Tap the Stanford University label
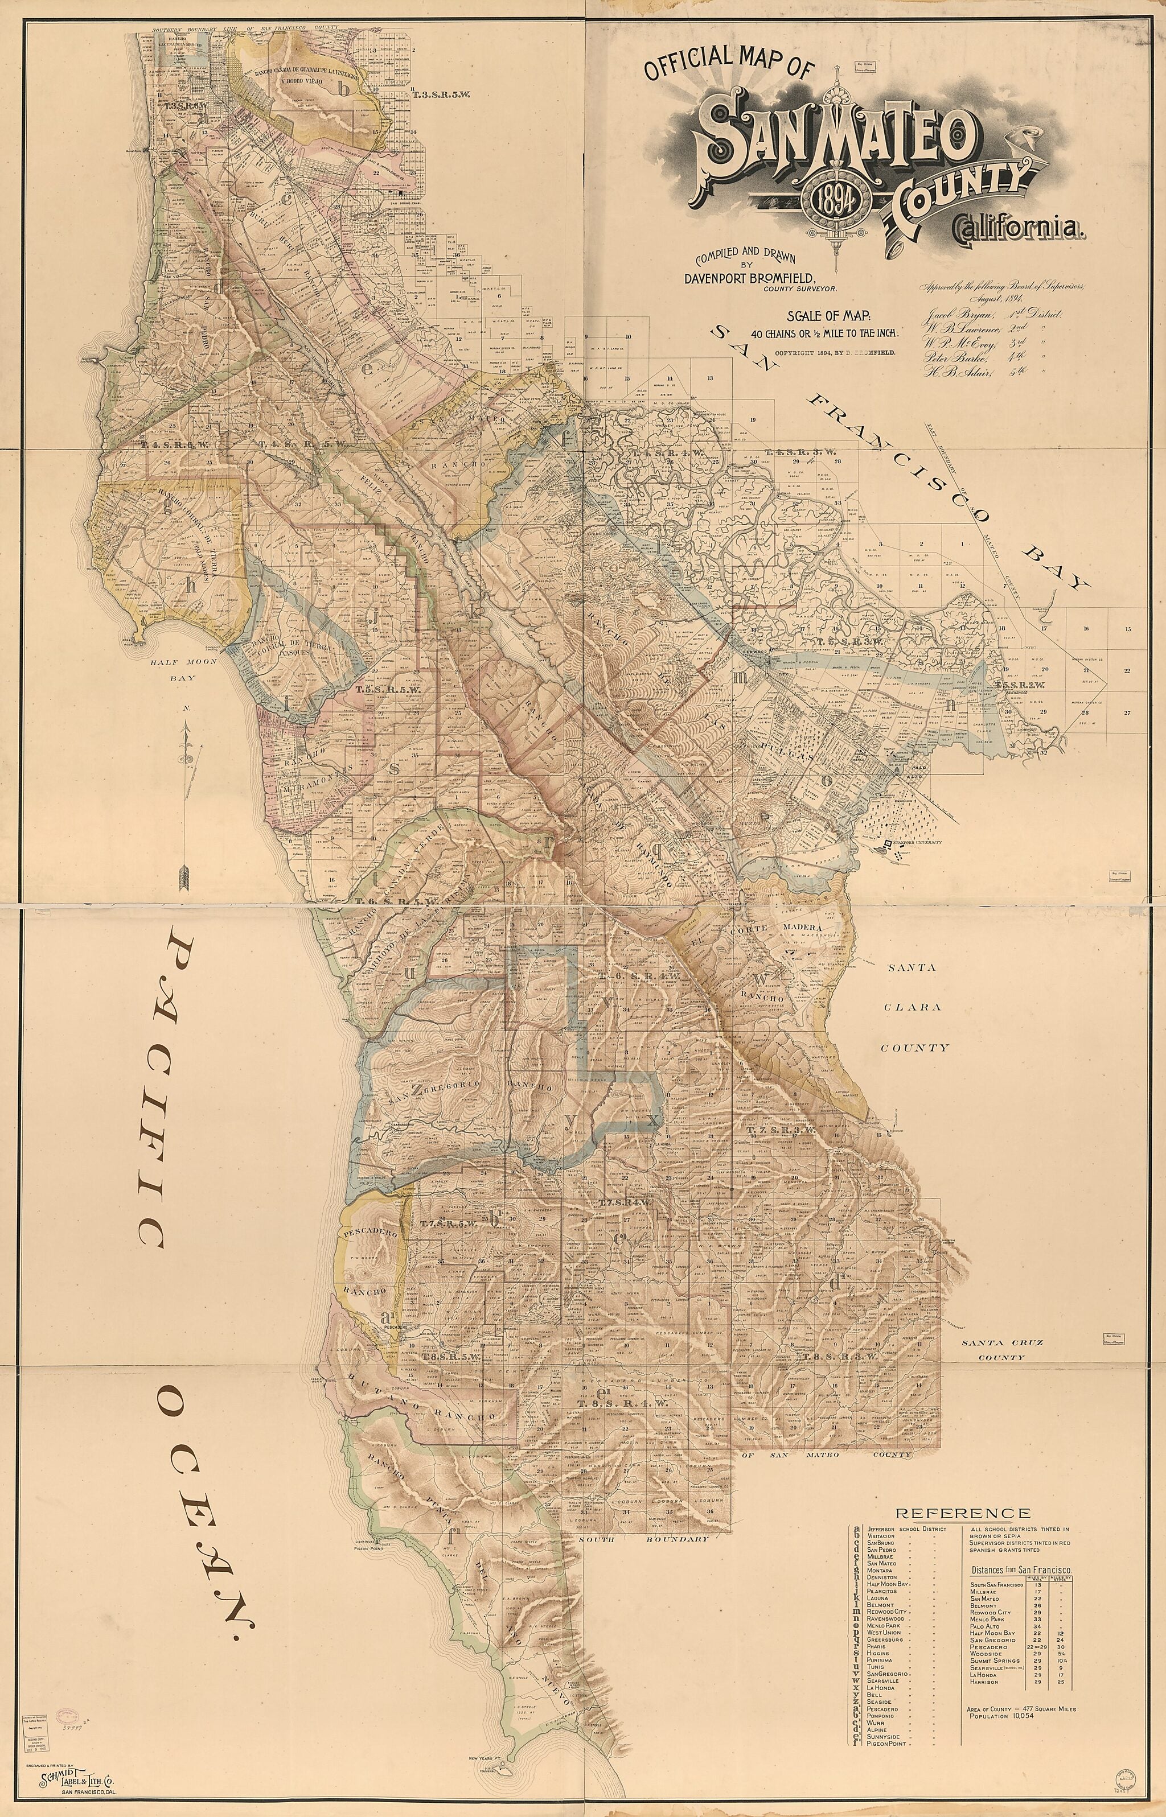(920, 842)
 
